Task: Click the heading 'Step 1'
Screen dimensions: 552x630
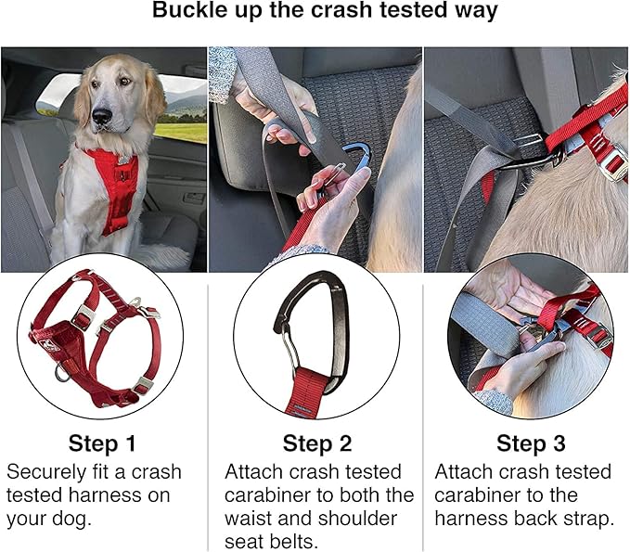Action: [x=105, y=443]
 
